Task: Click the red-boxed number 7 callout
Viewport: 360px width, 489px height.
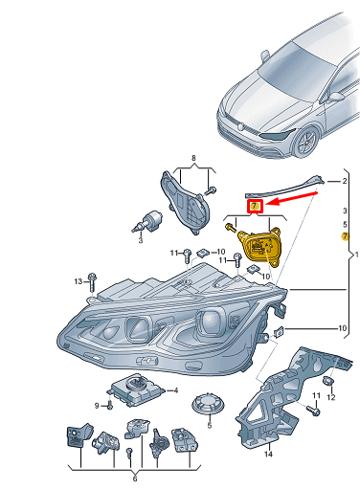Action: (x=254, y=207)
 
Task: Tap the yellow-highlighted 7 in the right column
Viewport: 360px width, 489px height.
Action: (x=345, y=234)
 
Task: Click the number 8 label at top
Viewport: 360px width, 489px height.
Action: (x=192, y=157)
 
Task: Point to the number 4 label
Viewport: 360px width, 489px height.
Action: (x=175, y=390)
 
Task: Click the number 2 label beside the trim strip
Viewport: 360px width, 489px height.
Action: (x=345, y=180)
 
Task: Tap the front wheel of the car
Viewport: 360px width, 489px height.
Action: (x=306, y=144)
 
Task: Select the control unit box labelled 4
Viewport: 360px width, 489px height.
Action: (x=136, y=388)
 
